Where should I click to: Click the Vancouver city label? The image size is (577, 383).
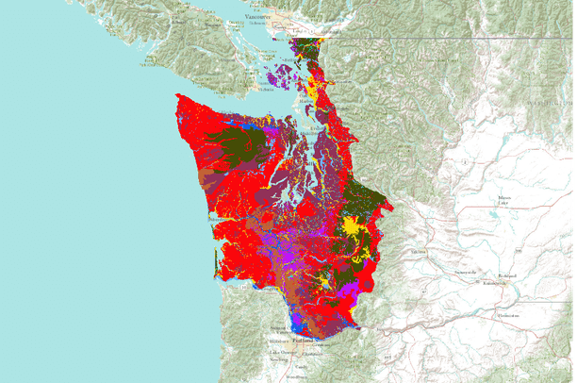tap(255, 17)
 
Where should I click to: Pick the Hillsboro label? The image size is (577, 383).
tap(280, 340)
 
